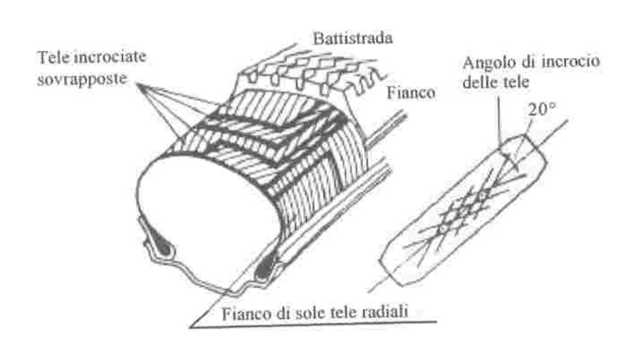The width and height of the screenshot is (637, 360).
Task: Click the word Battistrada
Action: pos(353,38)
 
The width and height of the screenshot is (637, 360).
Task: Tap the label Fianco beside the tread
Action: pos(411,93)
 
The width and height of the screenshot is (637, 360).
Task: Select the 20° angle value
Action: pos(542,108)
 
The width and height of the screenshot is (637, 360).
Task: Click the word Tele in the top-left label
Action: pos(53,57)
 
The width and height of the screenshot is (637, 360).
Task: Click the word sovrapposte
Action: pos(82,78)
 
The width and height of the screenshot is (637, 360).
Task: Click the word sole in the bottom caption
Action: pos(307,313)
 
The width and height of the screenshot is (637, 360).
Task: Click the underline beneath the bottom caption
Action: pos(313,325)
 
